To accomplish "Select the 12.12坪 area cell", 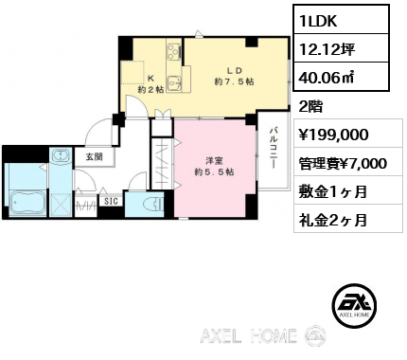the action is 341,48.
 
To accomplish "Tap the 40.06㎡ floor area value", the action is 341,77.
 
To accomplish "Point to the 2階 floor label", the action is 310,107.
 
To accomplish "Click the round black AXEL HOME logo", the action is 355,305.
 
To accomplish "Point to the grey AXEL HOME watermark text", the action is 248,335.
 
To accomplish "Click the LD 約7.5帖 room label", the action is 234,76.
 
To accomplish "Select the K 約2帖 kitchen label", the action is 150,84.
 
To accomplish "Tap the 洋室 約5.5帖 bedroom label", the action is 214,167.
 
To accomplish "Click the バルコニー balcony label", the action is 274,148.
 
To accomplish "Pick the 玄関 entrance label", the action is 95,156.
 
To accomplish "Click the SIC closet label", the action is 111,201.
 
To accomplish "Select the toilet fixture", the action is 153,204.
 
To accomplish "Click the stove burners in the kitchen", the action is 174,50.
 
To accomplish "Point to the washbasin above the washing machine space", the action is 61,155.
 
